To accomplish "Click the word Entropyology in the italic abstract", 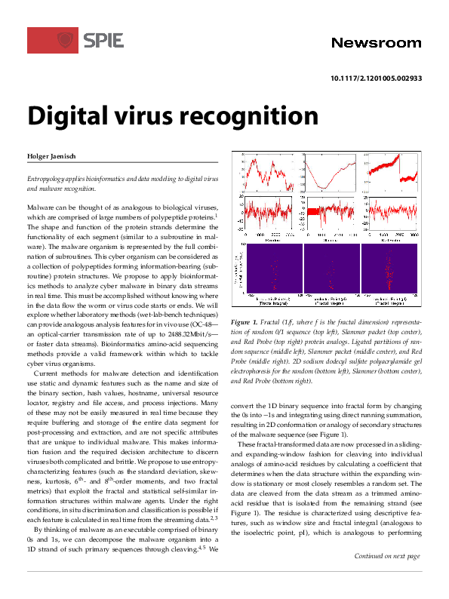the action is pos(48,178).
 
